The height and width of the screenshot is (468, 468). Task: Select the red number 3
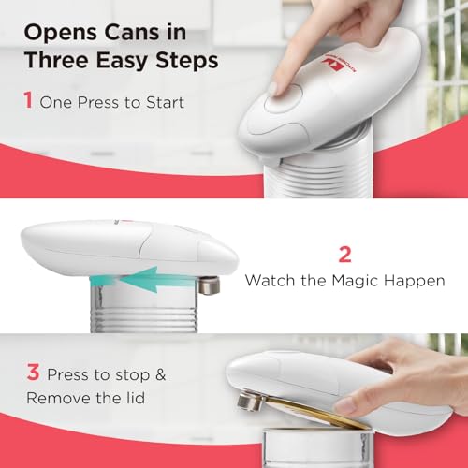[33, 373]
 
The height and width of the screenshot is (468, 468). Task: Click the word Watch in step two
[271, 280]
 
